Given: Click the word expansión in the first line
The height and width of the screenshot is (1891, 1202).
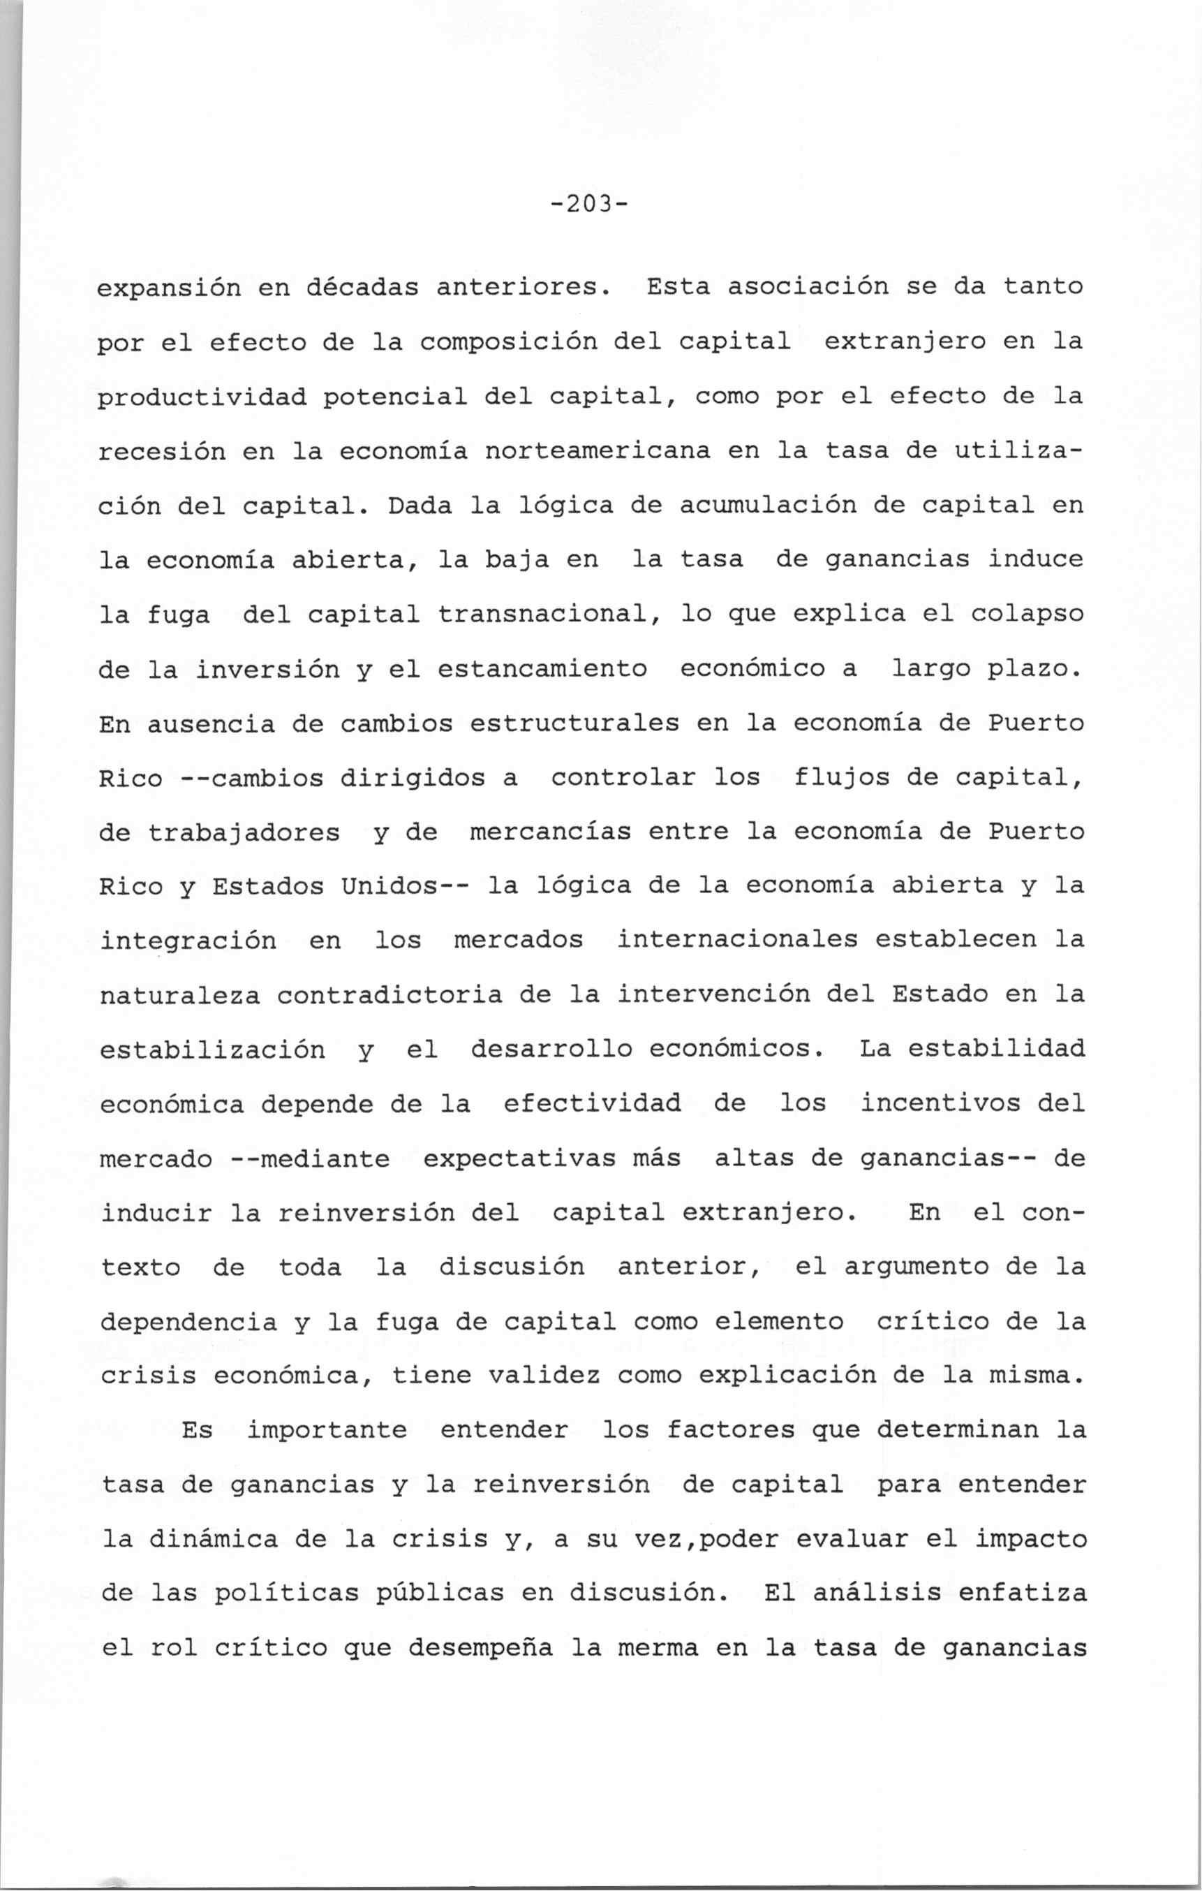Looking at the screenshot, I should click(x=169, y=288).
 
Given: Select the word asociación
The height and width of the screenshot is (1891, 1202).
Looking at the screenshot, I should click(x=808, y=286).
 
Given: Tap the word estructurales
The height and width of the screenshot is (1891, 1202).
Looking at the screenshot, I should click(x=574, y=723).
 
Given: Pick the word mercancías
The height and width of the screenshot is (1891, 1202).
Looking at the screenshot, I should click(x=549, y=832).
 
